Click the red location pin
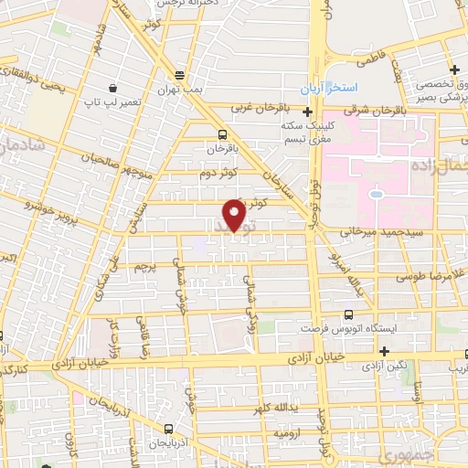pos(234,214)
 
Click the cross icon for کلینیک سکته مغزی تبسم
pos(307,112)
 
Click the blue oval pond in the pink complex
pos(375,193)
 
